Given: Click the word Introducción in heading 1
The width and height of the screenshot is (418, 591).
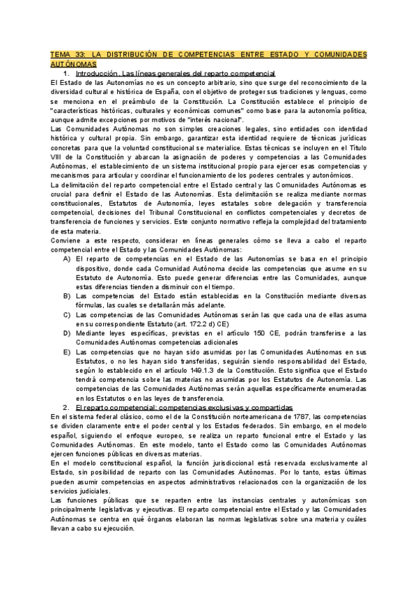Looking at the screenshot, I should pos(97,73).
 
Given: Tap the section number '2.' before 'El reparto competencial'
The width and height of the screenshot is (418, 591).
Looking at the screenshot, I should pos(66,407).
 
